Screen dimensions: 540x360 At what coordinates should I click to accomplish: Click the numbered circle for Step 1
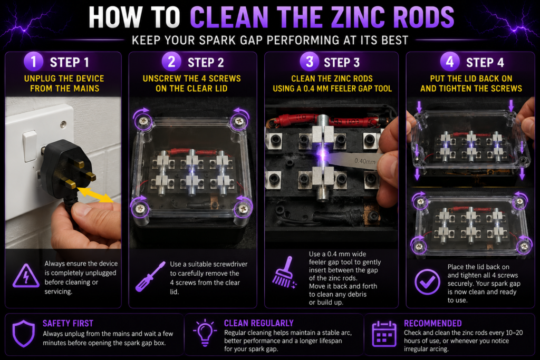tap(33, 62)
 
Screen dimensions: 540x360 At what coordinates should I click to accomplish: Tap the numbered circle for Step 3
tap(310, 62)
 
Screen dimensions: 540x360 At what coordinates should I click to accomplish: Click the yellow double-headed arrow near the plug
tap(95, 195)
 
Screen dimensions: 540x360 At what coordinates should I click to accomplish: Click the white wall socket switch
tap(30, 146)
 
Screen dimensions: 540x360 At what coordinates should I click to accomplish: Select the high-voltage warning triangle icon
tap(26, 276)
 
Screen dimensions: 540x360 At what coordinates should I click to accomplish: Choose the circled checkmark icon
tap(427, 282)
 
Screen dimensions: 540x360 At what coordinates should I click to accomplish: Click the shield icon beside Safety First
tap(24, 334)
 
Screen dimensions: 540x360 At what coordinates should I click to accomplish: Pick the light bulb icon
tap(205, 332)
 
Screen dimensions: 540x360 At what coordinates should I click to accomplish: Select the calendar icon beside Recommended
tap(384, 334)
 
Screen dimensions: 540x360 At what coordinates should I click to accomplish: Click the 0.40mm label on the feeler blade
tap(365, 161)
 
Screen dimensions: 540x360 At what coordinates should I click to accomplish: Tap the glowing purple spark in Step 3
tap(323, 155)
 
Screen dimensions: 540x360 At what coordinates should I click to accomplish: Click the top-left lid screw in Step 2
tap(142, 121)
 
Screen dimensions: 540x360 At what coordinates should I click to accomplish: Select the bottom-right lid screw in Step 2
tap(243, 208)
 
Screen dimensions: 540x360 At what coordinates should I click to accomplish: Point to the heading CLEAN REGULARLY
tap(258, 323)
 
